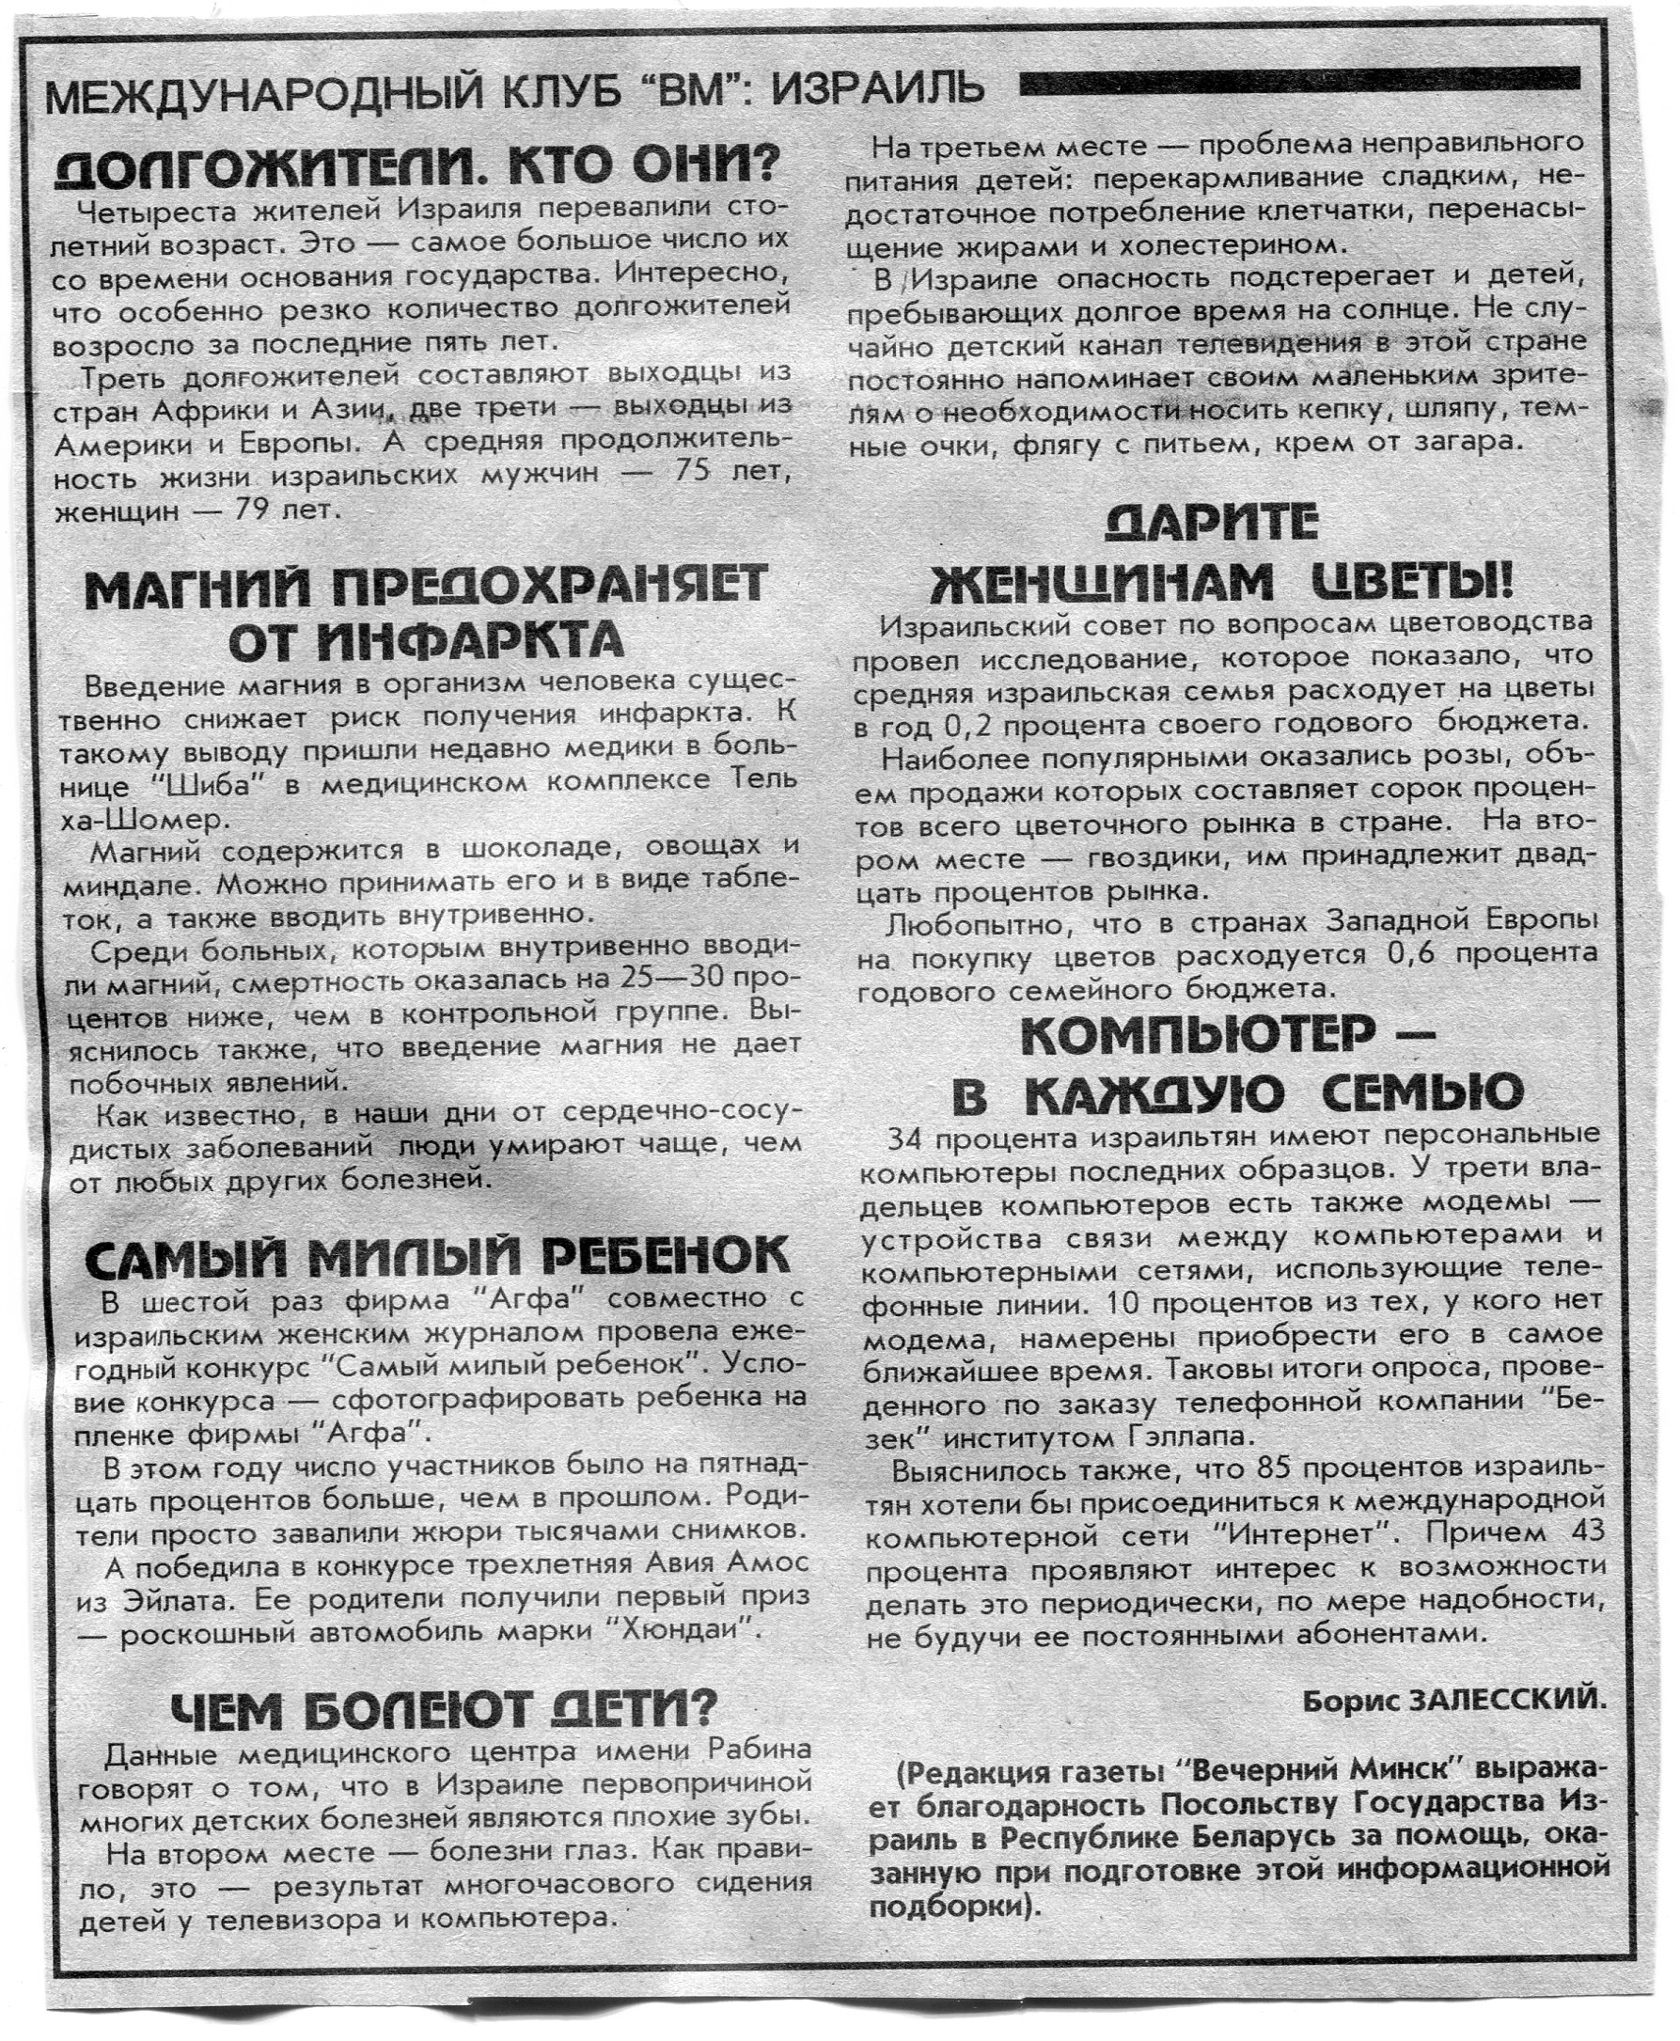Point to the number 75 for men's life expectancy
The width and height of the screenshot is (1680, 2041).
pos(674,475)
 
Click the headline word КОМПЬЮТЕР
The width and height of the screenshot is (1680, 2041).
pos(1197,1039)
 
